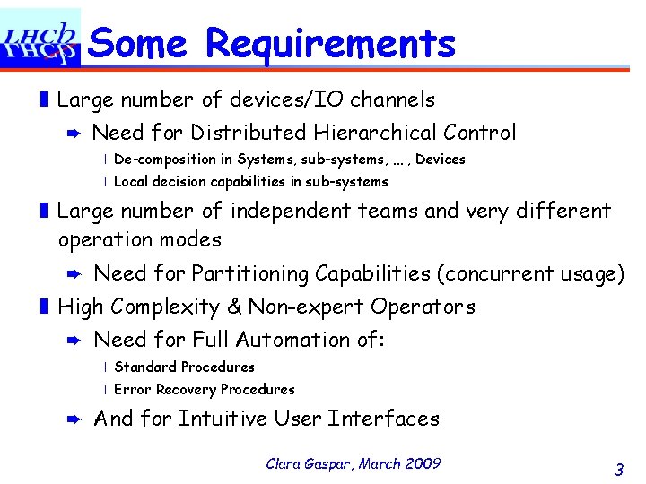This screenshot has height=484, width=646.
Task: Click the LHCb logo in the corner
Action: pyautogui.click(x=40, y=39)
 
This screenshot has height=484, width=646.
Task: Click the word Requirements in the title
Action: pyautogui.click(x=330, y=43)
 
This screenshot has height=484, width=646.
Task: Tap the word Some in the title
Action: pyautogui.click(x=140, y=43)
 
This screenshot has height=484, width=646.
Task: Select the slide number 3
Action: pyautogui.click(x=619, y=469)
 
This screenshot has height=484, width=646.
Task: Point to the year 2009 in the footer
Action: pyautogui.click(x=422, y=463)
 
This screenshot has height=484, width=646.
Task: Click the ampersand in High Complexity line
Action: pyautogui.click(x=235, y=307)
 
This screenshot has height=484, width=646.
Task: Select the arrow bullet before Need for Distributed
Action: pyautogui.click(x=75, y=134)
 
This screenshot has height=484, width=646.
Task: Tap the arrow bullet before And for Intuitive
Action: pyautogui.click(x=75, y=419)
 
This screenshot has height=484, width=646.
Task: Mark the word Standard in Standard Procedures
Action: pyautogui.click(x=145, y=367)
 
